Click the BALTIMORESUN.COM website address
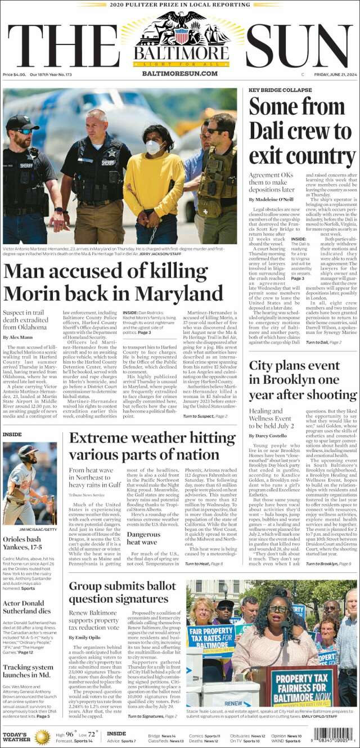pos(180,74)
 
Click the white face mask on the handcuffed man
pos(154,147)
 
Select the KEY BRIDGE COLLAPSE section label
pos(280,90)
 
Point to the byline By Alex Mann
pos(17,337)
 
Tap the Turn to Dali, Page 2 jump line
pos(323,342)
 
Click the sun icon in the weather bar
pos(42,737)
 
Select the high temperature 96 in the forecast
pos(70,734)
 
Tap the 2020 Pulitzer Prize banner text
pos(180,5)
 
